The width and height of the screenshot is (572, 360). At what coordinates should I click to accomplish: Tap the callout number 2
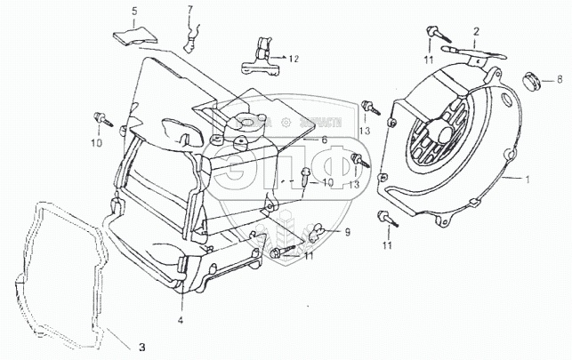click(476, 31)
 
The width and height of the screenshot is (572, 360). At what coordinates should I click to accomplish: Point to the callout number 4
click(180, 319)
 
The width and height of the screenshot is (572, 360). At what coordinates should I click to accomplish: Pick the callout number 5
click(134, 11)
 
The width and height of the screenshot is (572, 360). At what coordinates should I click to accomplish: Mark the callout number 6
click(325, 140)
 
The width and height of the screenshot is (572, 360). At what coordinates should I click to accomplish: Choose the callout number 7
click(189, 11)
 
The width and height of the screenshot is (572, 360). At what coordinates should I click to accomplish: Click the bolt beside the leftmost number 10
click(100, 117)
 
